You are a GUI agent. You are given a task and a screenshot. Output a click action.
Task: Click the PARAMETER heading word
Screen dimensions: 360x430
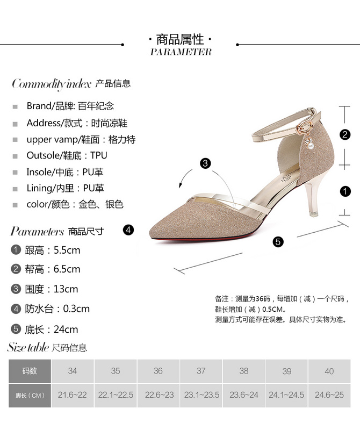[181, 52]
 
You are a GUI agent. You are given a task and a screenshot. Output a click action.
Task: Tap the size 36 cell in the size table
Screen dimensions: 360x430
[158, 371]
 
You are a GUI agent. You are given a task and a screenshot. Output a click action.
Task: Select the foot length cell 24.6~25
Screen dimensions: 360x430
[329, 395]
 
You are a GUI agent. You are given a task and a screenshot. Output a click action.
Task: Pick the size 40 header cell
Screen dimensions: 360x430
[329, 371]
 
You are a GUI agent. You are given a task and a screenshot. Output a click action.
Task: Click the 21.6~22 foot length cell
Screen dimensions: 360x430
[73, 395]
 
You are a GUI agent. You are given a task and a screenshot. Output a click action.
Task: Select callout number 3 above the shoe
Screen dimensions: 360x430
[205, 164]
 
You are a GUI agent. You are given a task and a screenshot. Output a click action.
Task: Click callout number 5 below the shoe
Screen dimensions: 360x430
[277, 242]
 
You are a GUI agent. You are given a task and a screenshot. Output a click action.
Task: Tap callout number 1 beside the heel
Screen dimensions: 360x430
[345, 191]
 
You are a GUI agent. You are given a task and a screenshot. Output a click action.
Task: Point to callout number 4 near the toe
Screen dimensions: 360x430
[127, 230]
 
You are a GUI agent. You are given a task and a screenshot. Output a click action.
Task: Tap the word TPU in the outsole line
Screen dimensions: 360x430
[99, 155]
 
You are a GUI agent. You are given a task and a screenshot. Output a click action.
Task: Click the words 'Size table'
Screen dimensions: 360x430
[27, 347]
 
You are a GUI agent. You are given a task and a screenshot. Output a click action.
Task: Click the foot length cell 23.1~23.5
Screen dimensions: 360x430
[201, 395]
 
